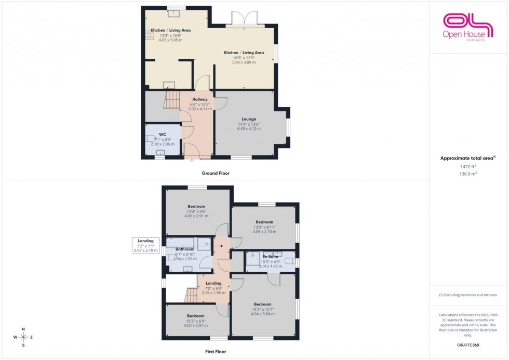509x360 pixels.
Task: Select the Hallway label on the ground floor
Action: pos(200,99)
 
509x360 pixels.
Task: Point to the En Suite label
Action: pos(270,257)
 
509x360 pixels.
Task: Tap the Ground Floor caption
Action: pos(215,173)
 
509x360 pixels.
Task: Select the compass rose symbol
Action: pos(23,337)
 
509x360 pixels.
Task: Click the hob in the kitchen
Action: pos(150,35)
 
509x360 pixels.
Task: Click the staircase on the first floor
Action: pos(191,296)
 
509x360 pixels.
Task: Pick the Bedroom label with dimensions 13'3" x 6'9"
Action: pos(196,316)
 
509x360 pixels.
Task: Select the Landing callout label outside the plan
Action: pos(145,241)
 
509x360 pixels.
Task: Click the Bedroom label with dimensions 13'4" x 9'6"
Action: pos(196,206)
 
